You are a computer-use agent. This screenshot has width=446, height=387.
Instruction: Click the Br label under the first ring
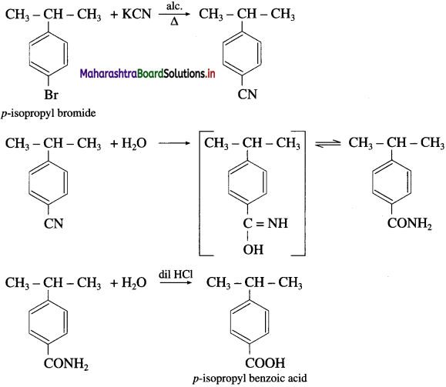51,95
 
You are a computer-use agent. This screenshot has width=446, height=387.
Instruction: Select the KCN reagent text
136,14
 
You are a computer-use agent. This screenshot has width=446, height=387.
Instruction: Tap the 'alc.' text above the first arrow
174,6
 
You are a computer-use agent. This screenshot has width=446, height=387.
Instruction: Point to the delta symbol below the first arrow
174,22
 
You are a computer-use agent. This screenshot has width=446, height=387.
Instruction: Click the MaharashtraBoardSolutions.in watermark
147,74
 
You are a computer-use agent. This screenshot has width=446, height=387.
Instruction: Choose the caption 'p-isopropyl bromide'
49,113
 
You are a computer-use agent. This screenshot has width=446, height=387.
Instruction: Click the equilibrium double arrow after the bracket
327,143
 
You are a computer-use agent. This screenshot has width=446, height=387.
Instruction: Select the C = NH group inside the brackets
266,223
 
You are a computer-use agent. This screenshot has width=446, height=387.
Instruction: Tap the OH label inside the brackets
253,249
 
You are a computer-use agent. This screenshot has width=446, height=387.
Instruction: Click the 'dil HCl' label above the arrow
176,274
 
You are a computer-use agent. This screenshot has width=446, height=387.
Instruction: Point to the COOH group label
265,363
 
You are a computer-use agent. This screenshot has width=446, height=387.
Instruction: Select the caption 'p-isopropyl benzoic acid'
250,379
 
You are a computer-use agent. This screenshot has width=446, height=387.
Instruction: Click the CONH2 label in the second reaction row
410,223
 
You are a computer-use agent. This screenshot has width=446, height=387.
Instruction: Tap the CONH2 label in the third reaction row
66,363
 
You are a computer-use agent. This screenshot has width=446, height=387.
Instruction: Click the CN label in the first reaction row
247,95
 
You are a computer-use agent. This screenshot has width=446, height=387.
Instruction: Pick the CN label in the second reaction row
53,223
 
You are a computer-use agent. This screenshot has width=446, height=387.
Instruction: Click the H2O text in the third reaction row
134,282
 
